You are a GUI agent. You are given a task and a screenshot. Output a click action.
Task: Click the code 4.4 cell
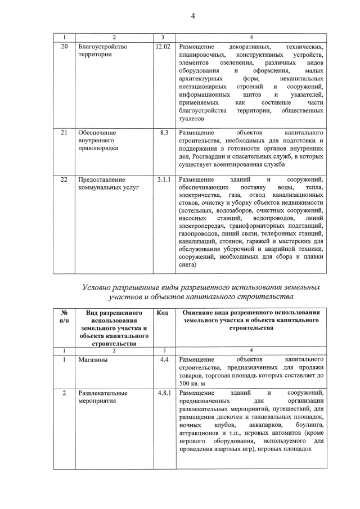(x=164, y=359)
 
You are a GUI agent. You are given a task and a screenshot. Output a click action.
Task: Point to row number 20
(x=64, y=47)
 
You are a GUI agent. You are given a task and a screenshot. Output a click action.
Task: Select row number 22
(x=64, y=179)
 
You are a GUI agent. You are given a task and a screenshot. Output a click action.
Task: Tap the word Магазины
(x=93, y=359)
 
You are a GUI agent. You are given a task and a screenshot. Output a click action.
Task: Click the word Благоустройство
(x=103, y=47)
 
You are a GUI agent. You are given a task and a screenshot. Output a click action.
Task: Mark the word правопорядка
(x=98, y=148)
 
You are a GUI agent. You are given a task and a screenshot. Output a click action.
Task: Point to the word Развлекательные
(x=103, y=393)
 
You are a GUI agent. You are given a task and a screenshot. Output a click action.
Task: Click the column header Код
(x=163, y=313)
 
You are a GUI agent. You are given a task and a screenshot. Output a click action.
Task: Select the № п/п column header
(x=64, y=317)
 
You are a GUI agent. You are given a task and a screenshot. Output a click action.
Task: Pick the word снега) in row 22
(x=188, y=264)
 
